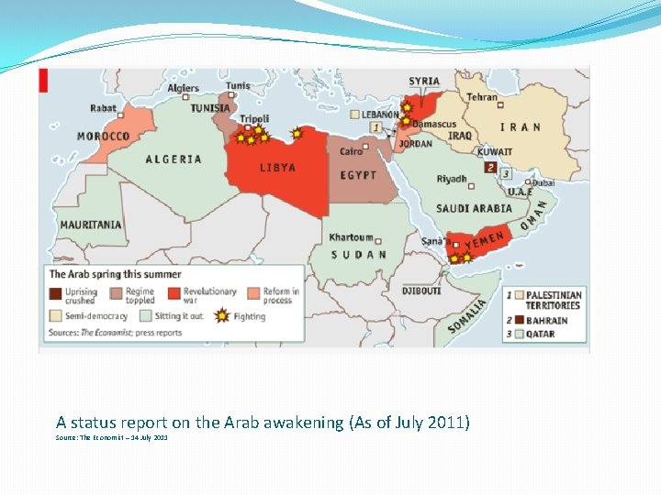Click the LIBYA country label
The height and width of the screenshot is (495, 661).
point(277,168)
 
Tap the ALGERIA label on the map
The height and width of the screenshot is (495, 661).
point(174,159)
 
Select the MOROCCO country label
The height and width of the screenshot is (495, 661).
point(103,137)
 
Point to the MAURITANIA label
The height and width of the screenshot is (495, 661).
point(91,225)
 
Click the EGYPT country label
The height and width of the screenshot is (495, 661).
point(358,175)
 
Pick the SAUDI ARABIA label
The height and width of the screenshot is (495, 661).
point(474,209)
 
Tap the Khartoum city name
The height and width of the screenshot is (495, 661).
point(351,237)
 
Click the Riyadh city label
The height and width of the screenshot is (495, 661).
point(452,180)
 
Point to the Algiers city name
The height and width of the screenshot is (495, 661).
point(183,89)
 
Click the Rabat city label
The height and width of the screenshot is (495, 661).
point(103,108)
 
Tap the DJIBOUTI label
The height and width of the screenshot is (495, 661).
point(421,291)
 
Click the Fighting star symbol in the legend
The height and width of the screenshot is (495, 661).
point(221,316)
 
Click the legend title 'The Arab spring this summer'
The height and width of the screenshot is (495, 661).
point(115,274)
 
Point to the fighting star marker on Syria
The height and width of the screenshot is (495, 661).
point(408,106)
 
